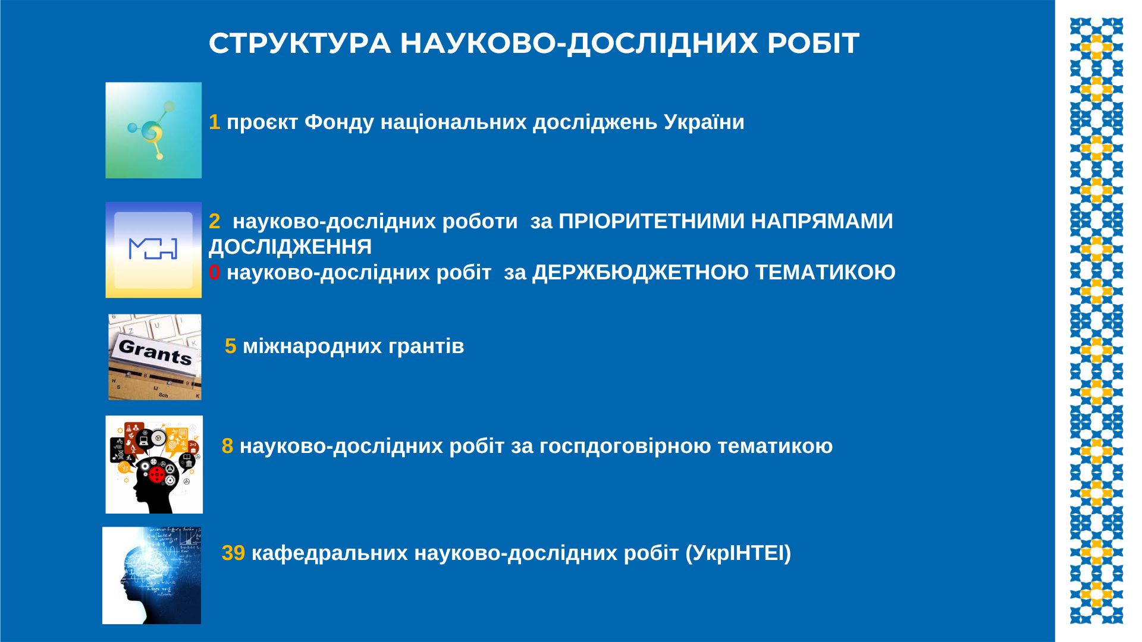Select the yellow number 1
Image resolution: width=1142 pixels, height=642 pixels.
(214, 122)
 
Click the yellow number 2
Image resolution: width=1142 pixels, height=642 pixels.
(214, 221)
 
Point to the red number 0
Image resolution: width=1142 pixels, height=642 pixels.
(214, 272)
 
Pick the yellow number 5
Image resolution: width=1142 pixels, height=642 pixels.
(230, 346)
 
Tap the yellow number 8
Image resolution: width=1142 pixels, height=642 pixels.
(227, 446)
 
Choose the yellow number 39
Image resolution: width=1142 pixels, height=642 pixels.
(233, 553)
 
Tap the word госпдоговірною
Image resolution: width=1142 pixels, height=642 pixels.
(625, 446)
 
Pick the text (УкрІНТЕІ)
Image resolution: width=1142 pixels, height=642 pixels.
(738, 553)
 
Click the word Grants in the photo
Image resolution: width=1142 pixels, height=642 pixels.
(155, 351)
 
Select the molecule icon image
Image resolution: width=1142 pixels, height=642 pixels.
(153, 130)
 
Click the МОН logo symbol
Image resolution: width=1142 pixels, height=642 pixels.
(153, 248)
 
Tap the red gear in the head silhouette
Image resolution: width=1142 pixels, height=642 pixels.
(157, 474)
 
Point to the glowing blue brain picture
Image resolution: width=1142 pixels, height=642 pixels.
(152, 575)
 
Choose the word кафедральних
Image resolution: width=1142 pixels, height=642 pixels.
(329, 553)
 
